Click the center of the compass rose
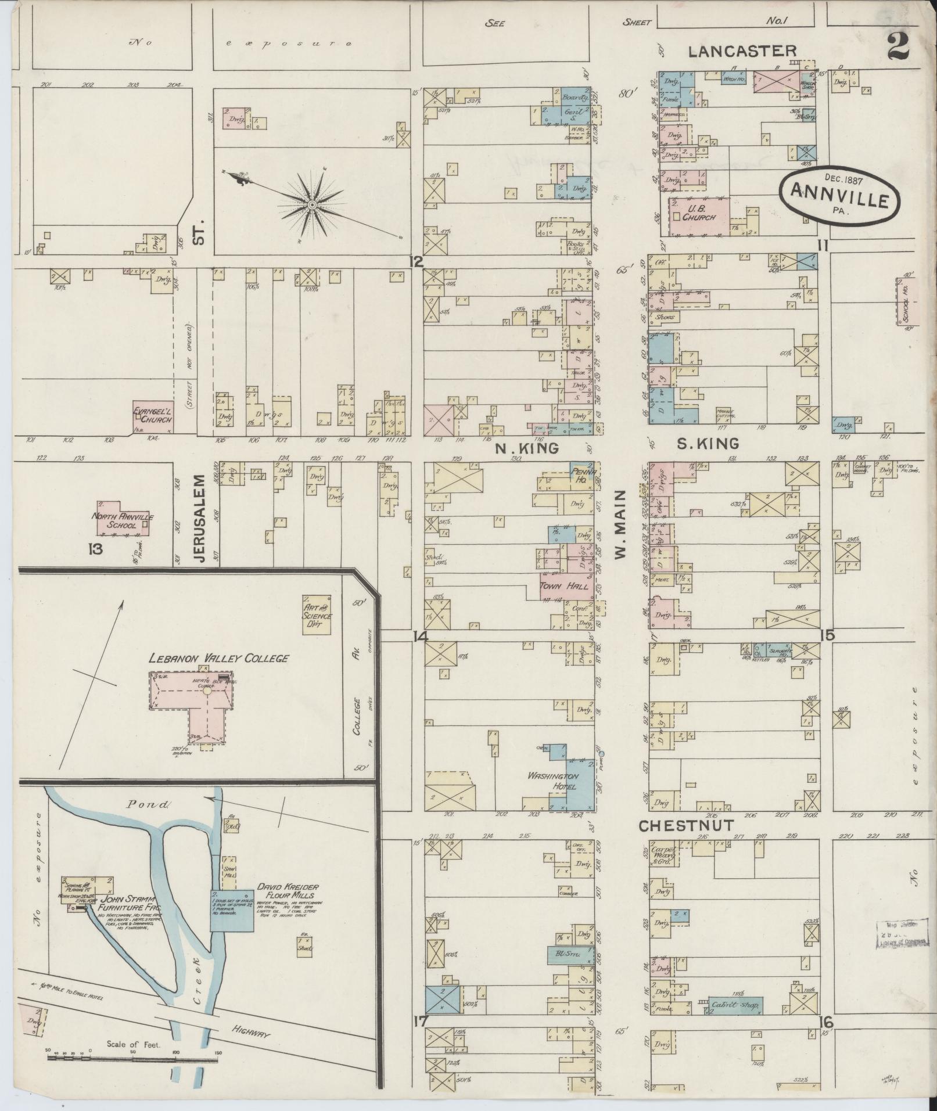click(x=312, y=205)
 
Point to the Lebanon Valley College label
click(x=218, y=658)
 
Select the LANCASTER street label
click(x=742, y=51)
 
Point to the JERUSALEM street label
click(x=200, y=517)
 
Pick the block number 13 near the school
click(x=95, y=548)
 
